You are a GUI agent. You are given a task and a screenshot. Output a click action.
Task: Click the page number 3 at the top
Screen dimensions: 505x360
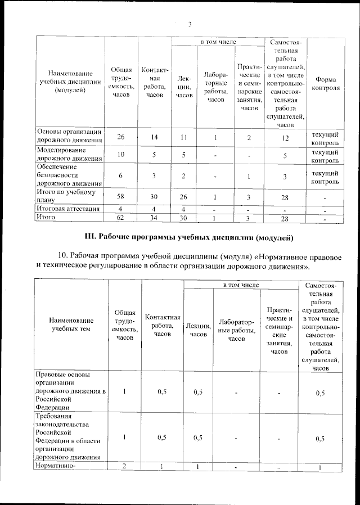click(190, 24)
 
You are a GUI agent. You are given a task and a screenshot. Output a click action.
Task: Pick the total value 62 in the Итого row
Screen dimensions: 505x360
click(120, 217)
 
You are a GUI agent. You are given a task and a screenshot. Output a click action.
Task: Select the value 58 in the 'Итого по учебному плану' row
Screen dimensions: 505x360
click(120, 196)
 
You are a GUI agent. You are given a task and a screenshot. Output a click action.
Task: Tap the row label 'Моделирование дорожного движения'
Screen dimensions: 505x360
click(69, 155)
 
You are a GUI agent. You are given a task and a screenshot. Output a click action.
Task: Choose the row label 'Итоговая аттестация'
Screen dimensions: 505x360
click(68, 209)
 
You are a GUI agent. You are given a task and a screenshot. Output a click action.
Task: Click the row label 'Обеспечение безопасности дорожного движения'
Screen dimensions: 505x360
click(69, 175)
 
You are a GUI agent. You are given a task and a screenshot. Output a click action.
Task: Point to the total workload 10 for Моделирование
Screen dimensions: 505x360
click(120, 155)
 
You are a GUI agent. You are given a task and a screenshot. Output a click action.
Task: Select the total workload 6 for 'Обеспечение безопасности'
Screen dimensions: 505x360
click(120, 176)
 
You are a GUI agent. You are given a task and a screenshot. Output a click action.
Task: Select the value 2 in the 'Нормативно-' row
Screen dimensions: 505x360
click(124, 466)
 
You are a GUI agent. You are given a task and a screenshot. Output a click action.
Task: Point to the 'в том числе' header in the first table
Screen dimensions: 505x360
click(218, 42)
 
